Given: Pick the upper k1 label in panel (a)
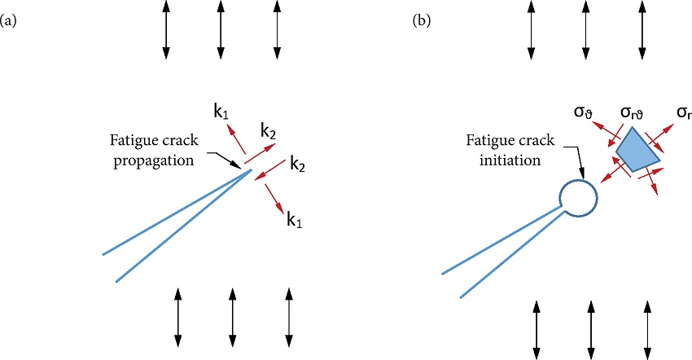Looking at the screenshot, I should (221, 112).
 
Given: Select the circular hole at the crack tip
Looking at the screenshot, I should (578, 197).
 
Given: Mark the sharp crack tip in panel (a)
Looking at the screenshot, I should (251, 169).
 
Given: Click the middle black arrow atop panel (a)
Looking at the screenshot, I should (220, 29).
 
